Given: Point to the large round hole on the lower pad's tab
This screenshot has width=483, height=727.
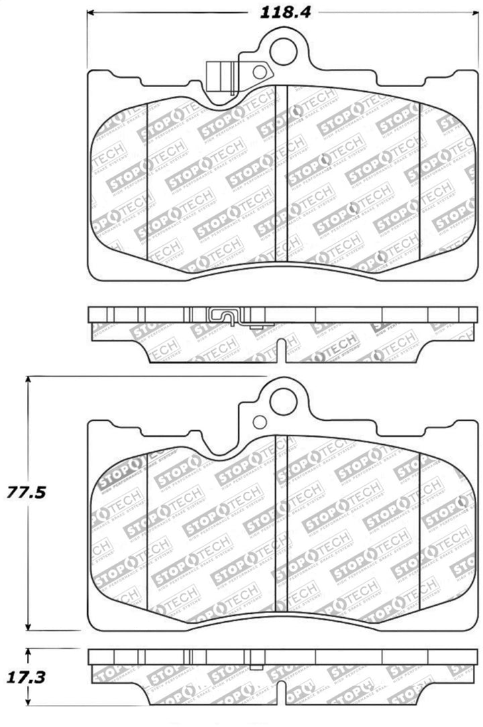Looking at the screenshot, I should [x=282, y=401].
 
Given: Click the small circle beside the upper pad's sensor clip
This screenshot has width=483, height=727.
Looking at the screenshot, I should [x=258, y=72].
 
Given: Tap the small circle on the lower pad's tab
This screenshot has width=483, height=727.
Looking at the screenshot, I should [x=258, y=423].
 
